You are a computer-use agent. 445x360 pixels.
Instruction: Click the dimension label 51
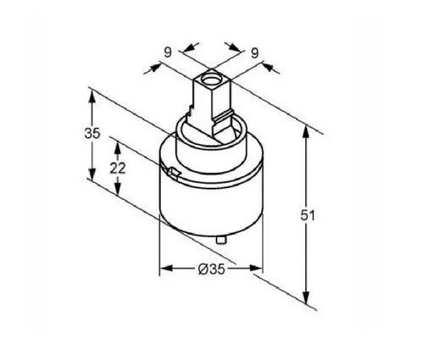pyautogui.click(x=308, y=216)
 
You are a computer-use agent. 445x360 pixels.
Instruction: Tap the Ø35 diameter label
pyautogui.click(x=211, y=269)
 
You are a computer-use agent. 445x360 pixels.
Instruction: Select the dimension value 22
pyautogui.click(x=118, y=169)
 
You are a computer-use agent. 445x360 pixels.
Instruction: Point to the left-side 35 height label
pyautogui.click(x=92, y=133)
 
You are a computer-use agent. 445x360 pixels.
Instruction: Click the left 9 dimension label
pyautogui.click(x=168, y=53)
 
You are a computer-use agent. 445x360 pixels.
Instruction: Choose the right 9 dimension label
pyautogui.click(x=255, y=53)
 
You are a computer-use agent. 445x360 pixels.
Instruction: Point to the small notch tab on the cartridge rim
pyautogui.click(x=173, y=172)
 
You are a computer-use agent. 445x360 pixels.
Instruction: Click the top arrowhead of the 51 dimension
pyautogui.click(x=305, y=131)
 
